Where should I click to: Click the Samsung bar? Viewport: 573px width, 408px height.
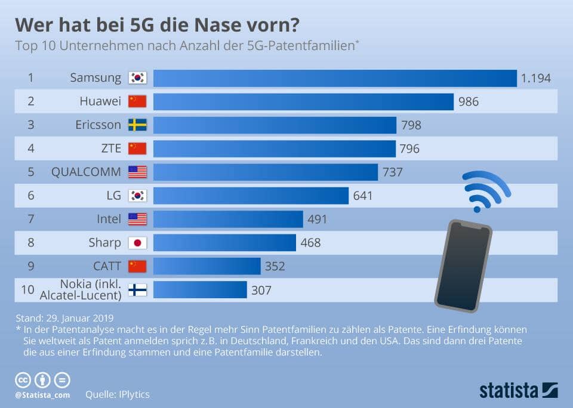tap(334, 78)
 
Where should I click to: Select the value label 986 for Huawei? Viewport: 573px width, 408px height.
tap(469, 102)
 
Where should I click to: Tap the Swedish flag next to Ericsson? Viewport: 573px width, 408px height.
tap(137, 125)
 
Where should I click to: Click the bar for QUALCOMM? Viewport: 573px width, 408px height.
tap(266, 172)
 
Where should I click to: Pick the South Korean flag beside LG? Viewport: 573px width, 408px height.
tap(137, 196)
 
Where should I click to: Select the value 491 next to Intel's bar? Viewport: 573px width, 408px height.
tap(317, 220)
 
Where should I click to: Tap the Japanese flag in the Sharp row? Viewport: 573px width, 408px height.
tap(137, 243)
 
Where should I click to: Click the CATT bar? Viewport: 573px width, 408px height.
tap(207, 266)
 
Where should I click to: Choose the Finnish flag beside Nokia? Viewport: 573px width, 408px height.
tap(137, 290)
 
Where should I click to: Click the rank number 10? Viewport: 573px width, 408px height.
tap(27, 290)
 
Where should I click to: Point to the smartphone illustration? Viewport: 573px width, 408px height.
tap(463, 265)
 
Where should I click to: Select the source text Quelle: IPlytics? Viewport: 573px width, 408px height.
tap(118, 394)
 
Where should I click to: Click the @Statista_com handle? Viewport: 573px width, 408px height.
tap(42, 394)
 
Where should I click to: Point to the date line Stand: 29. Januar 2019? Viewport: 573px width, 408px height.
tap(64, 317)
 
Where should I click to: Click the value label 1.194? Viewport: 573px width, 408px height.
tap(535, 78)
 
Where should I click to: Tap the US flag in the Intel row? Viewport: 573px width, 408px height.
tap(137, 220)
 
